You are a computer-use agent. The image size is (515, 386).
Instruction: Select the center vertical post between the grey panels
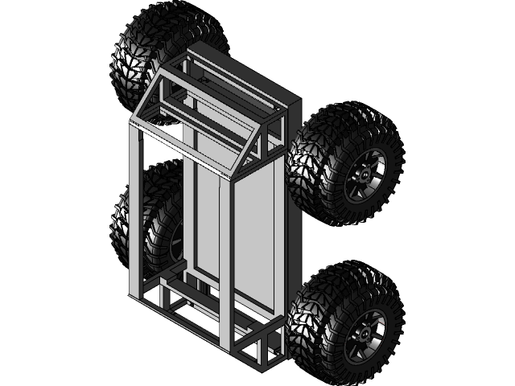[x=226, y=257]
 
